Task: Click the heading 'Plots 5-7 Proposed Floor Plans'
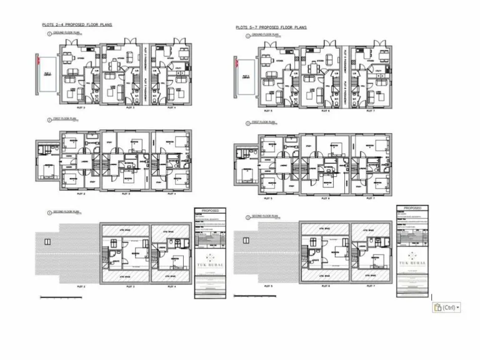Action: point(271,27)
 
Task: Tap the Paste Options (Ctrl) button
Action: point(446,307)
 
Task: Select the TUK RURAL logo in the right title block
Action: point(411,260)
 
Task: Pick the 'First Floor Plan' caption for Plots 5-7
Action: point(262,122)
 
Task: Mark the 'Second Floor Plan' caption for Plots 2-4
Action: point(66,212)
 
